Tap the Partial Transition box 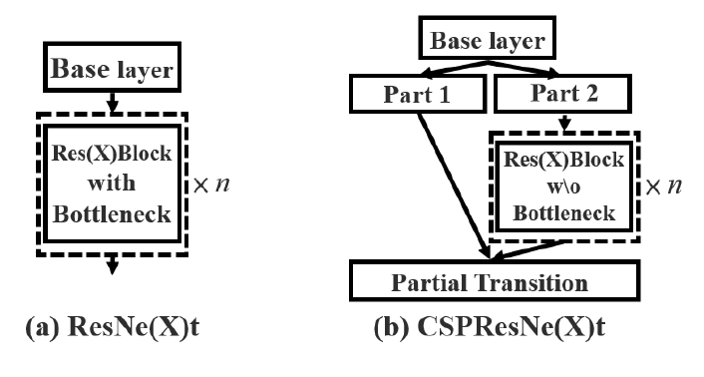488,282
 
